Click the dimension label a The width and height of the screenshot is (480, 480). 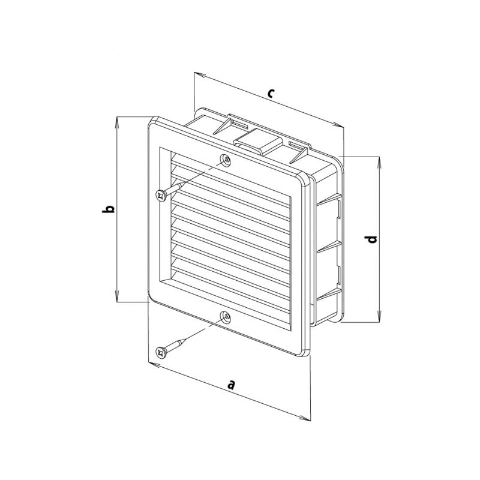tap(232, 385)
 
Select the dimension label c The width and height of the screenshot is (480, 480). tap(270, 93)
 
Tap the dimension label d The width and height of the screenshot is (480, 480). tap(371, 239)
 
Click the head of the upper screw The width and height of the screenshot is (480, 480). tap(161, 196)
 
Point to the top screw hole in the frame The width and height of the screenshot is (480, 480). tap(226, 160)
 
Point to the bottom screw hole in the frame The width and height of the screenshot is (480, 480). tap(226, 317)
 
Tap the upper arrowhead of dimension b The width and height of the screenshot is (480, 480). tap(117, 122)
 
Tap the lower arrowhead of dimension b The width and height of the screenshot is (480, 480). tap(117, 296)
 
